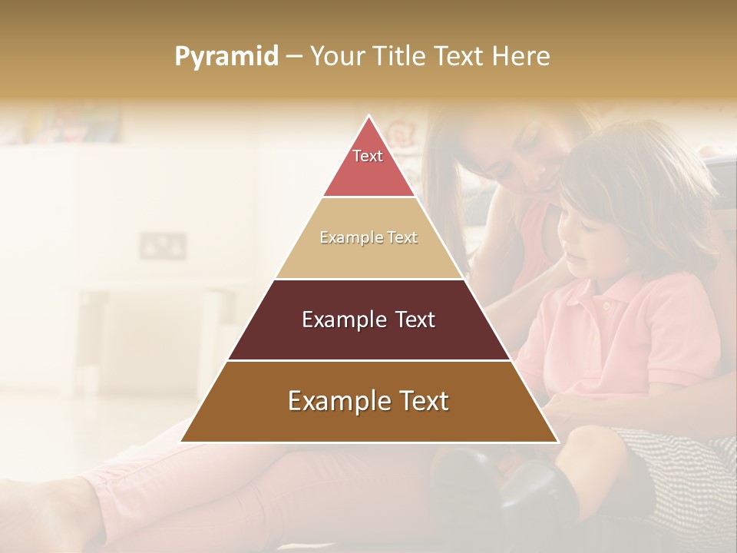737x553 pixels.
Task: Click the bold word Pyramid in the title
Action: point(226,57)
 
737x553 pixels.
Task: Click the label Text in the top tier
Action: point(368,156)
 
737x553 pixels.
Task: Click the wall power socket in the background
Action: point(163,246)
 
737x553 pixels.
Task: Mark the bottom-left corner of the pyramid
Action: point(181,442)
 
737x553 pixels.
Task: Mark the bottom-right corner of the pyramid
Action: point(557,442)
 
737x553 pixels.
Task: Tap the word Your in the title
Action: point(335,56)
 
